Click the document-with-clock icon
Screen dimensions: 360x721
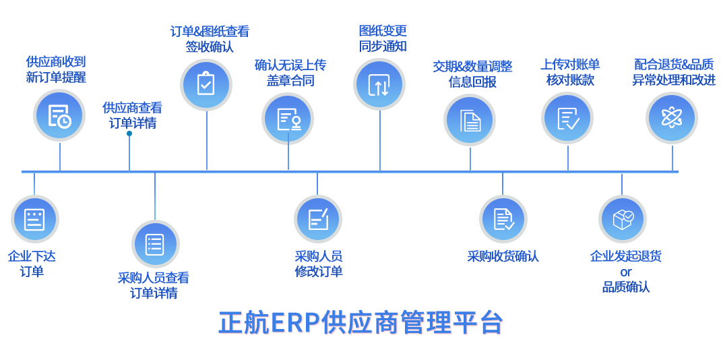click(x=59, y=116)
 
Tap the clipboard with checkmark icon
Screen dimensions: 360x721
click(x=206, y=84)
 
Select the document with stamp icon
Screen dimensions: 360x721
click(x=288, y=119)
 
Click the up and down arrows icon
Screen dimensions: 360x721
click(x=379, y=84)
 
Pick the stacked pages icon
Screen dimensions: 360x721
click(x=470, y=121)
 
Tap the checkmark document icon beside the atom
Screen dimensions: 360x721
click(x=567, y=119)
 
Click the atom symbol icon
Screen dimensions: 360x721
click(x=672, y=118)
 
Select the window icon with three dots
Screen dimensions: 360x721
click(x=34, y=219)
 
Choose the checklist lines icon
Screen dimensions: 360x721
click(x=155, y=244)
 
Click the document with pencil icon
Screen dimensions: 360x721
click(x=317, y=219)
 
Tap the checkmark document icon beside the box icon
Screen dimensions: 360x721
click(x=503, y=219)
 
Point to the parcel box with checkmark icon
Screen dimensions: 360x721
click(x=622, y=219)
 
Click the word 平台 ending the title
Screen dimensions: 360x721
click(x=479, y=323)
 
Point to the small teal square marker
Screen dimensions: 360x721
click(x=129, y=133)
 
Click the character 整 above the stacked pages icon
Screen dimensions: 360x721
click(x=506, y=66)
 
